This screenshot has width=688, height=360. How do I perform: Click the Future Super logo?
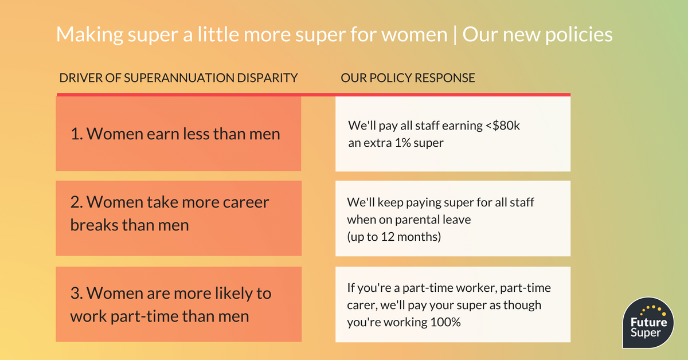click(648, 323)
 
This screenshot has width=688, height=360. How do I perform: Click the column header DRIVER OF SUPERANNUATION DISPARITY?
click(178, 78)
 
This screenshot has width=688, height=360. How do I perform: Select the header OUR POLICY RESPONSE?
click(408, 78)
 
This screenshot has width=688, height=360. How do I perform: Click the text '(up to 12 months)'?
click(394, 237)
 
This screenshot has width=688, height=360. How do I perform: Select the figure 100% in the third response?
click(445, 322)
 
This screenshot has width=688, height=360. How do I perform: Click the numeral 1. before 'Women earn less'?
click(77, 134)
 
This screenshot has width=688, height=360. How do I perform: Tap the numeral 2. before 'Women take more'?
click(77, 202)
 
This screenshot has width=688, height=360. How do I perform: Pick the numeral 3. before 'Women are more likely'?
click(77, 294)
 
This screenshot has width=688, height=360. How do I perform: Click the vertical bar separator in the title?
click(455, 35)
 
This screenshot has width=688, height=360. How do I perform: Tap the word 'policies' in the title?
click(578, 34)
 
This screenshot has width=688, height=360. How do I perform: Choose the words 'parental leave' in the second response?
click(433, 220)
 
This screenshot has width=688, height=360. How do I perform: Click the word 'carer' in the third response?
click(362, 306)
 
